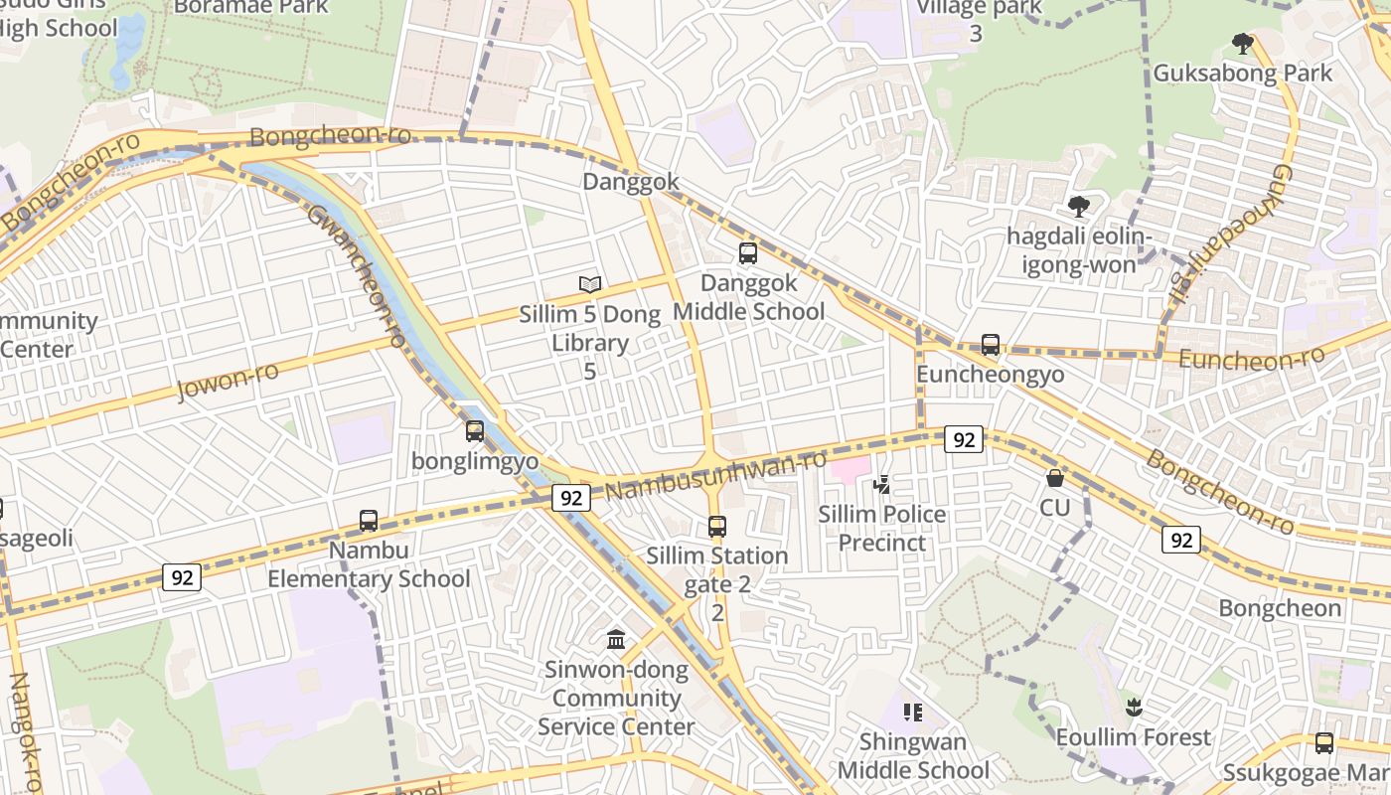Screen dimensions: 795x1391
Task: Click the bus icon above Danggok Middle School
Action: point(748,253)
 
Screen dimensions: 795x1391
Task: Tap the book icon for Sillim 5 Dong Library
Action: point(590,285)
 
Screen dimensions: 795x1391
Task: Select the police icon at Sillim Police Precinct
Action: point(881,485)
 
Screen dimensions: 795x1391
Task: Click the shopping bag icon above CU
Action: point(1055,478)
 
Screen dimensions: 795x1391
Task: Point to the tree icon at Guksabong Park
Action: point(1242,43)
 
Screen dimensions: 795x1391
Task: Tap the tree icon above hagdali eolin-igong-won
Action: point(1078,207)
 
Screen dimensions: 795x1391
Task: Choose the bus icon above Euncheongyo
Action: point(991,345)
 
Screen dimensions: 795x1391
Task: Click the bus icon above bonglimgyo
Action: point(475,431)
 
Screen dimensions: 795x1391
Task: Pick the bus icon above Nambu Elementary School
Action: point(369,521)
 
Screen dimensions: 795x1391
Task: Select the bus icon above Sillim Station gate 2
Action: point(717,527)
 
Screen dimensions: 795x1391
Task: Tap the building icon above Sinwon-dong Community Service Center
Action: point(616,640)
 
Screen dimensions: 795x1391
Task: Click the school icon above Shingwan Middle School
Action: point(913,713)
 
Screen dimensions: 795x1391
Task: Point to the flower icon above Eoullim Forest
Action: point(1134,708)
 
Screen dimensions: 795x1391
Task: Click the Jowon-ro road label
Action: point(228,381)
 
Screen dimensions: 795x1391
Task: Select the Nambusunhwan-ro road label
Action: point(715,476)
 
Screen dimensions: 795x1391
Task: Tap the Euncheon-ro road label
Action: point(1252,359)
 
